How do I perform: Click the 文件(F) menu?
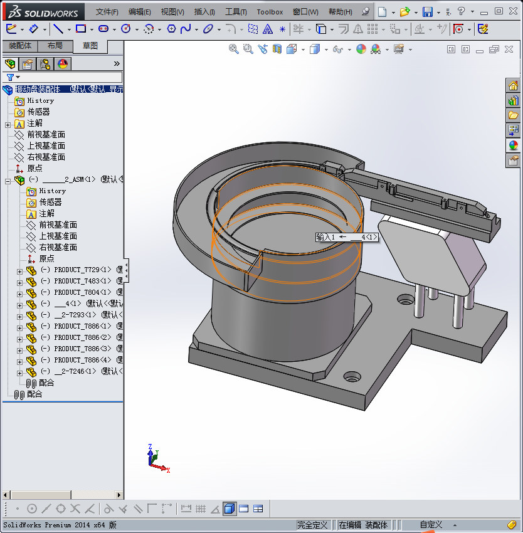click(107, 12)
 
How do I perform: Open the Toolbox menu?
click(270, 12)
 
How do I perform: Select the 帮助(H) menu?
click(340, 12)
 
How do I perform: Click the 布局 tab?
click(55, 46)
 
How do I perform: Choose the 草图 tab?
click(90, 46)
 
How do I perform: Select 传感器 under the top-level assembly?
click(38, 112)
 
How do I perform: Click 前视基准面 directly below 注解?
click(46, 134)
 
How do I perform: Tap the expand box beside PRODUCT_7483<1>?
click(19, 281)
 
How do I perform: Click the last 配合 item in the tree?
click(34, 394)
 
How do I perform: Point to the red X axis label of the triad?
click(168, 470)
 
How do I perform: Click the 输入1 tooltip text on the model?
click(326, 237)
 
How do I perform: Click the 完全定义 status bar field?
click(312, 525)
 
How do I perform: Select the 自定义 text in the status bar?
click(431, 525)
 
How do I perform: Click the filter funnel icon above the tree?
click(10, 77)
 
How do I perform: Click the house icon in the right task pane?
click(513, 86)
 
